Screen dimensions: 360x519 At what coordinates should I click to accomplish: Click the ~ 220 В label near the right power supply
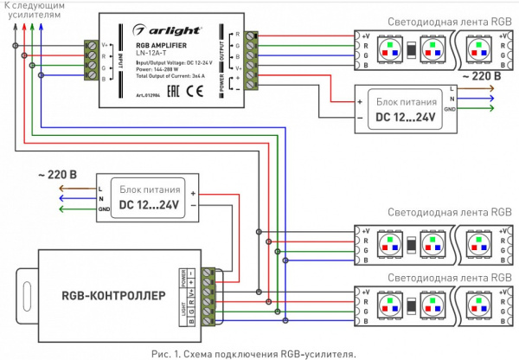coord(479,77)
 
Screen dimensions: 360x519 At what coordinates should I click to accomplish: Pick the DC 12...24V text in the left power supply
coord(149,205)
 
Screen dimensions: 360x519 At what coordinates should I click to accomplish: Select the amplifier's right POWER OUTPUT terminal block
coord(252,60)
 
